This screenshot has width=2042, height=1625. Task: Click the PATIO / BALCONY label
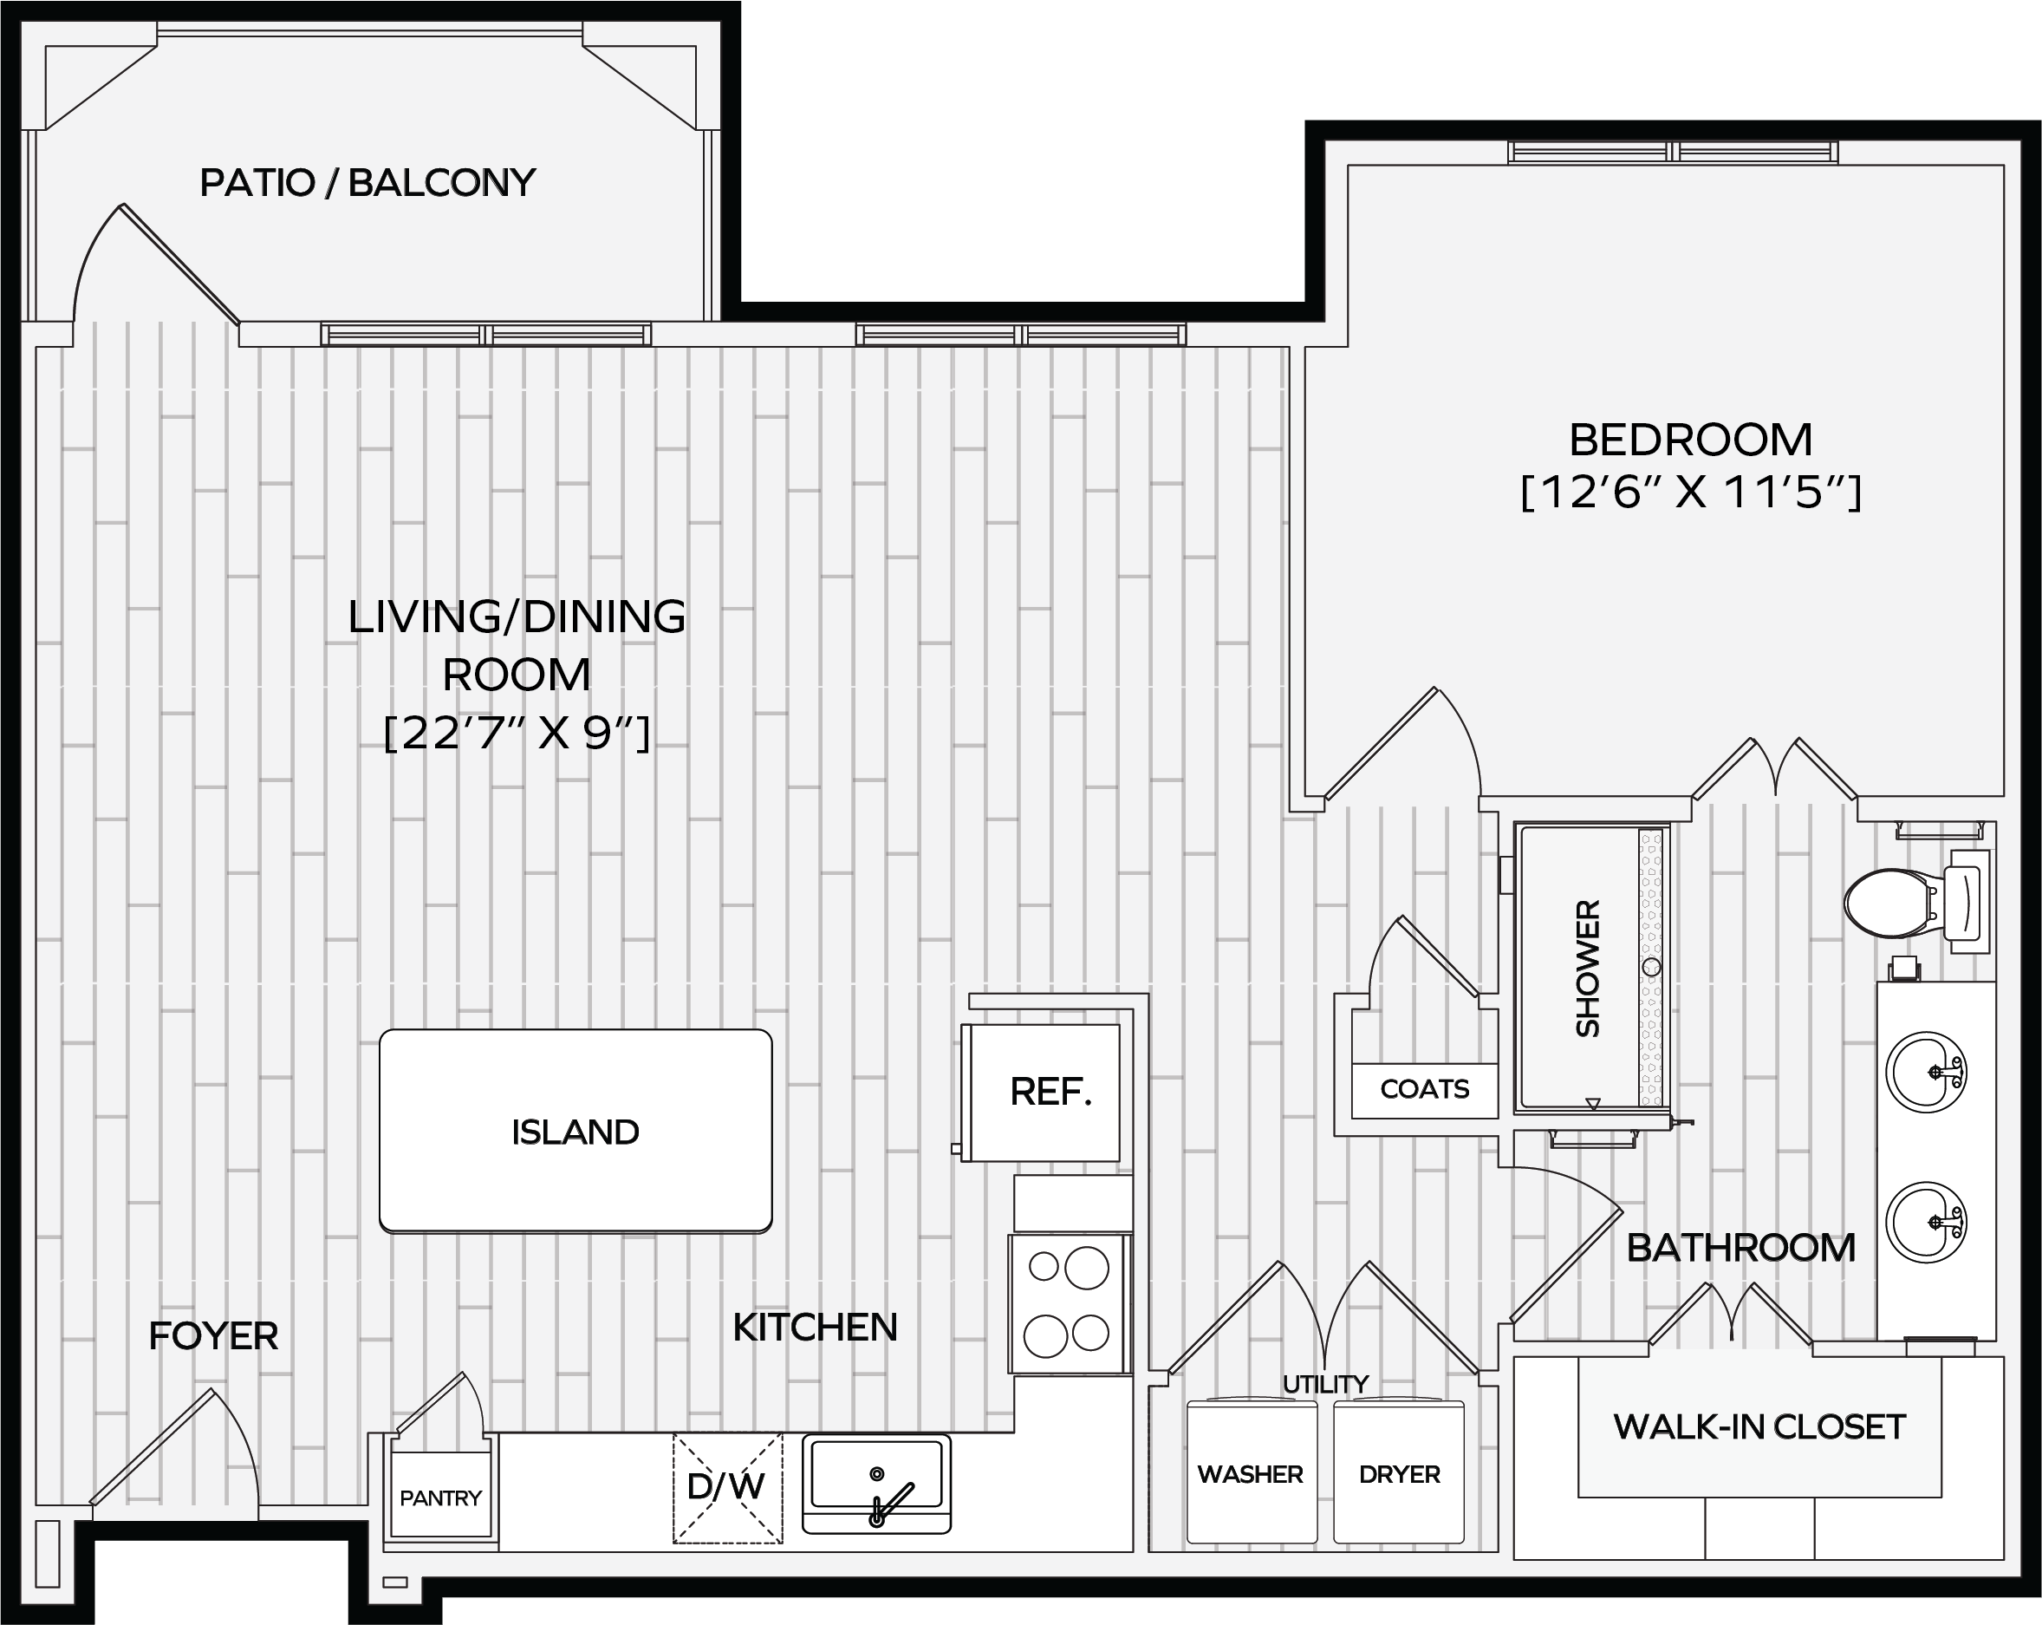coord(367,183)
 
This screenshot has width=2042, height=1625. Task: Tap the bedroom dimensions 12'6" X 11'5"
coord(1692,493)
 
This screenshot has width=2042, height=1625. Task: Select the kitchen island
coord(576,1132)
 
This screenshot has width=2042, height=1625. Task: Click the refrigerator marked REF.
coord(1042,1093)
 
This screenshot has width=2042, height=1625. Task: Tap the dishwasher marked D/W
coord(727,1488)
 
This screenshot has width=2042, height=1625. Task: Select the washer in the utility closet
coord(1252,1472)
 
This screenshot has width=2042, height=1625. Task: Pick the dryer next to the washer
coord(1399,1472)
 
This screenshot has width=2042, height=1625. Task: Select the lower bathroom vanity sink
coord(1926,1223)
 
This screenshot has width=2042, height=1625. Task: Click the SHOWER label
coord(1587,968)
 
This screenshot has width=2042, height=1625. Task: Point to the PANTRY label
coord(440,1498)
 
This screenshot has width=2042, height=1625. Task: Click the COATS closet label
coord(1425,1089)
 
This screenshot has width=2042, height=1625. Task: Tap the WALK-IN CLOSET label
coord(1759,1427)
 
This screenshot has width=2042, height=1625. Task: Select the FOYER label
coord(213,1336)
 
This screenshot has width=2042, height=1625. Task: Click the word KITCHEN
coord(815,1328)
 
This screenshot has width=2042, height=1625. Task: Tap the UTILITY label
coord(1325,1384)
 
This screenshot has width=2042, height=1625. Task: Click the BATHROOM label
coord(1741,1248)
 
